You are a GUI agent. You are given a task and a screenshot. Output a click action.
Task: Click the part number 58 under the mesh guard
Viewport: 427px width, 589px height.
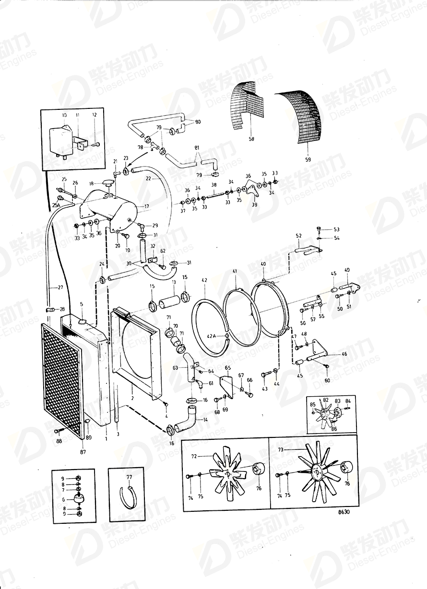[x=251, y=140]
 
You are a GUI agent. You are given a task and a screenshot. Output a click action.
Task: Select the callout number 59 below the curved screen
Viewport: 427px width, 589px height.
[x=308, y=159]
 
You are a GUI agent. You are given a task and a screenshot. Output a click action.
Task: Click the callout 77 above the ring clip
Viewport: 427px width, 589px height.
[x=129, y=478]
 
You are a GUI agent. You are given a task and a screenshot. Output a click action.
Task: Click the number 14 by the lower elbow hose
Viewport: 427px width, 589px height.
[x=206, y=419]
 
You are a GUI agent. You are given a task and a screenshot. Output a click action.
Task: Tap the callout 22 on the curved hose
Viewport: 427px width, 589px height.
[x=149, y=178]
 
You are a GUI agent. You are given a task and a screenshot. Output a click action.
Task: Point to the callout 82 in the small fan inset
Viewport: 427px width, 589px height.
[x=326, y=400]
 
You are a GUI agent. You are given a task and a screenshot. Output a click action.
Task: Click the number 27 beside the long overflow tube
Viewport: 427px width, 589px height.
[x=60, y=287]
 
